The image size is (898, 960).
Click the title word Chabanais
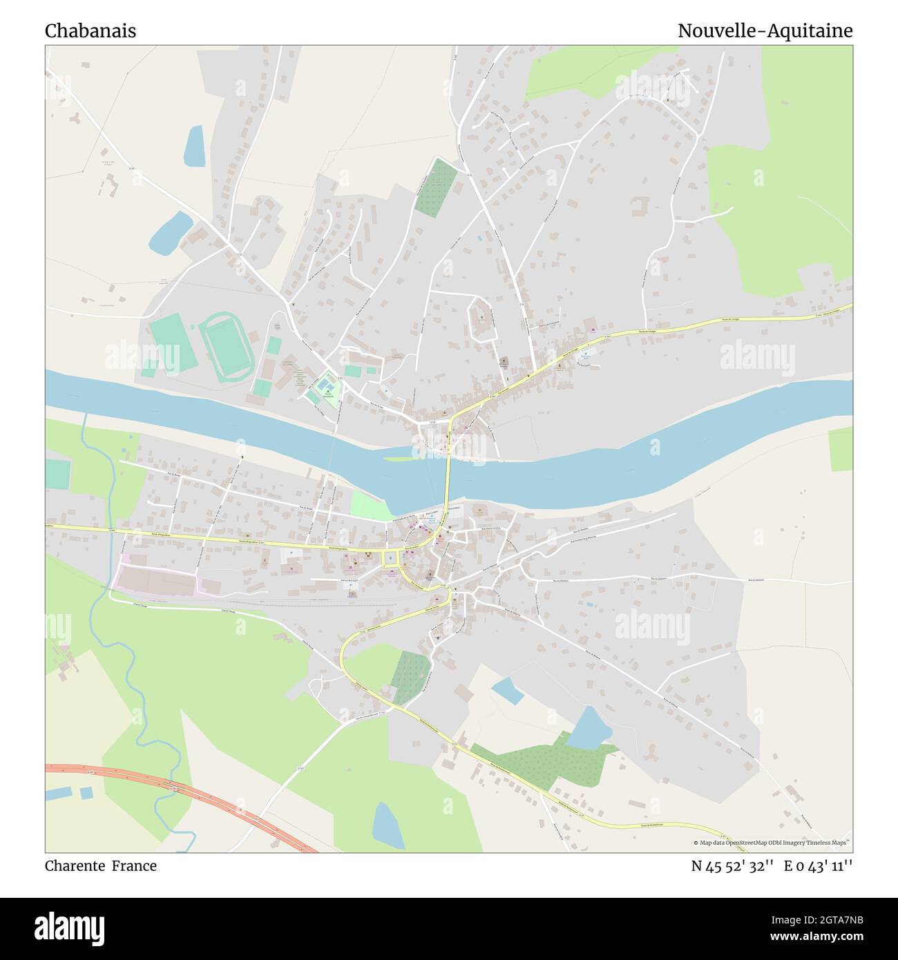[x=90, y=31]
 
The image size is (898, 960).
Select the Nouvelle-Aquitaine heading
[x=765, y=31]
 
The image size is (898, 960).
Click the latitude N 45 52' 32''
[x=732, y=866]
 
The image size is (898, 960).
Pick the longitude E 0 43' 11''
[x=818, y=866]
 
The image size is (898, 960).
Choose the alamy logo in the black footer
[x=70, y=928]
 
